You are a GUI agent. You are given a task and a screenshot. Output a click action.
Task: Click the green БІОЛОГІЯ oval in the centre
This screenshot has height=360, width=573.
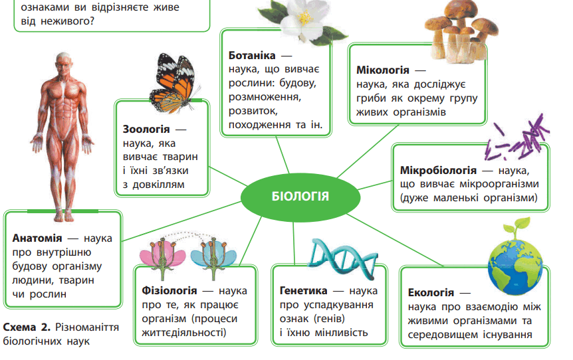300,197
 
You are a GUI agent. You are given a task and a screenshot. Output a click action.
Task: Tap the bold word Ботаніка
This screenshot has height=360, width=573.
252,56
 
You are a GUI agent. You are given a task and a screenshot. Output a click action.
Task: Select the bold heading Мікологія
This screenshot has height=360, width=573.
383,70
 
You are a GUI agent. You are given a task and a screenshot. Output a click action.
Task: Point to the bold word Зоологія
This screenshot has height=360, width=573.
146,130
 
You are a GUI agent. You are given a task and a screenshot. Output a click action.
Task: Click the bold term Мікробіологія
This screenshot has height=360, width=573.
438,170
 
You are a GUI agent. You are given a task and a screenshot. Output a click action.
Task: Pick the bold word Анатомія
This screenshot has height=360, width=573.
37,238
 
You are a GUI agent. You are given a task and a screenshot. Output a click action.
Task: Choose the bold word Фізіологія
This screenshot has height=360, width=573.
170,291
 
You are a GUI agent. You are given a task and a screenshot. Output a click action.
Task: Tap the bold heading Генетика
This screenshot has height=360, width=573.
303,291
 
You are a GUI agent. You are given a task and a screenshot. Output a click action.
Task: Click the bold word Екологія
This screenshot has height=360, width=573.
431,292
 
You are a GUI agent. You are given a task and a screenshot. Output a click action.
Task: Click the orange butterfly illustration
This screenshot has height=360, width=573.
175,83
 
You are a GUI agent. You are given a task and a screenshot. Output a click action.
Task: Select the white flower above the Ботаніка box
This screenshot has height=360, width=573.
303,20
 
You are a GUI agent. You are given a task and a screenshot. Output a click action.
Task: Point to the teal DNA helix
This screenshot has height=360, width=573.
342,258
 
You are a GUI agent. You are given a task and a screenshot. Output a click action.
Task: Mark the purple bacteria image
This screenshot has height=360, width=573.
516,139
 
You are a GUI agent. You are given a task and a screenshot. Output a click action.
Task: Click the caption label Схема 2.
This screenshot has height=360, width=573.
27,327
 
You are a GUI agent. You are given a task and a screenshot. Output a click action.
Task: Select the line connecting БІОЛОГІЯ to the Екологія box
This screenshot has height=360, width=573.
394,240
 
